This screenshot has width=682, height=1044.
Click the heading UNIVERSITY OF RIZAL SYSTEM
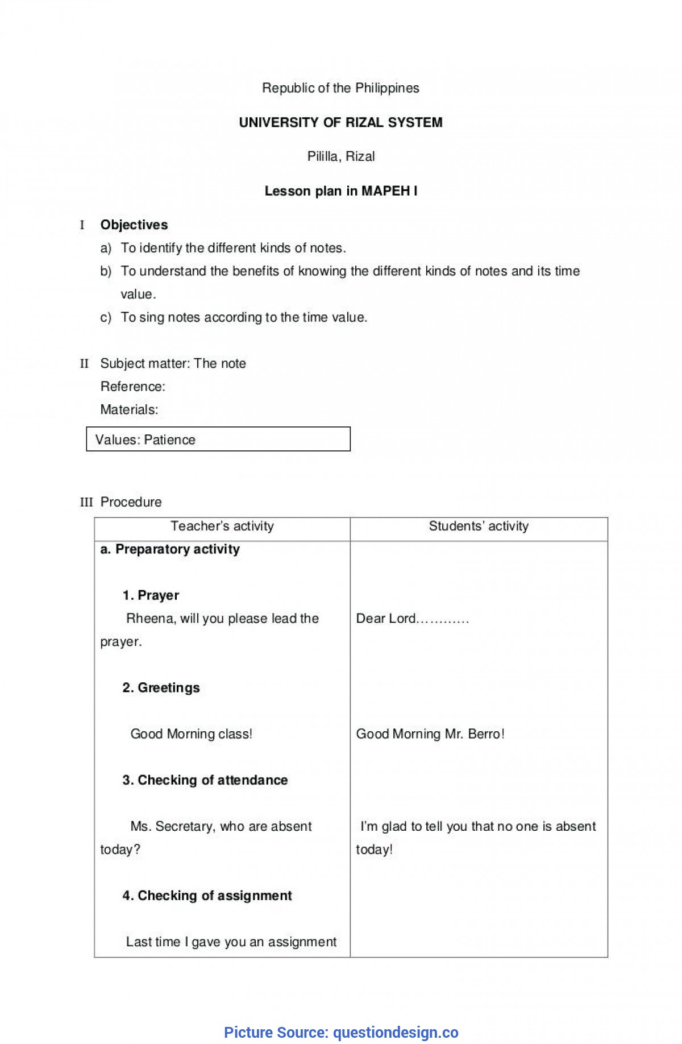(340, 122)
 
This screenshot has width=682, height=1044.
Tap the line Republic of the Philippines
(340, 88)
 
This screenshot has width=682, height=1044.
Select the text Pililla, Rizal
(340, 156)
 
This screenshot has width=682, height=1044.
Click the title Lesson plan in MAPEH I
(340, 191)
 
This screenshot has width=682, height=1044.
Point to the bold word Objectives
(134, 225)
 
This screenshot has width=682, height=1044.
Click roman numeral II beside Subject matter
(84, 364)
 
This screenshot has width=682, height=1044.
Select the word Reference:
(132, 387)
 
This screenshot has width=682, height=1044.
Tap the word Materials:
(129, 409)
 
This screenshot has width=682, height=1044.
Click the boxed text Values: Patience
(145, 440)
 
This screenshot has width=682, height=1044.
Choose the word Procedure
(131, 502)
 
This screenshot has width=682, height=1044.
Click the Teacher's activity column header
(222, 527)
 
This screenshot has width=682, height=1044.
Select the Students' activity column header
(479, 527)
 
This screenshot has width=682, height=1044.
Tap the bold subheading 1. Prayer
(151, 595)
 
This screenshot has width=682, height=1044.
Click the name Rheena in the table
(150, 619)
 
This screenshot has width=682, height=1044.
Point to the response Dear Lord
(386, 619)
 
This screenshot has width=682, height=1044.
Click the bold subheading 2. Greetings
(161, 688)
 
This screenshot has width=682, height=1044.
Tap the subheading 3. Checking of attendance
(205, 780)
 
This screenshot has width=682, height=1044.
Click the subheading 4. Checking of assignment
(207, 896)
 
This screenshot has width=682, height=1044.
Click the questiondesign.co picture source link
(396, 1032)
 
